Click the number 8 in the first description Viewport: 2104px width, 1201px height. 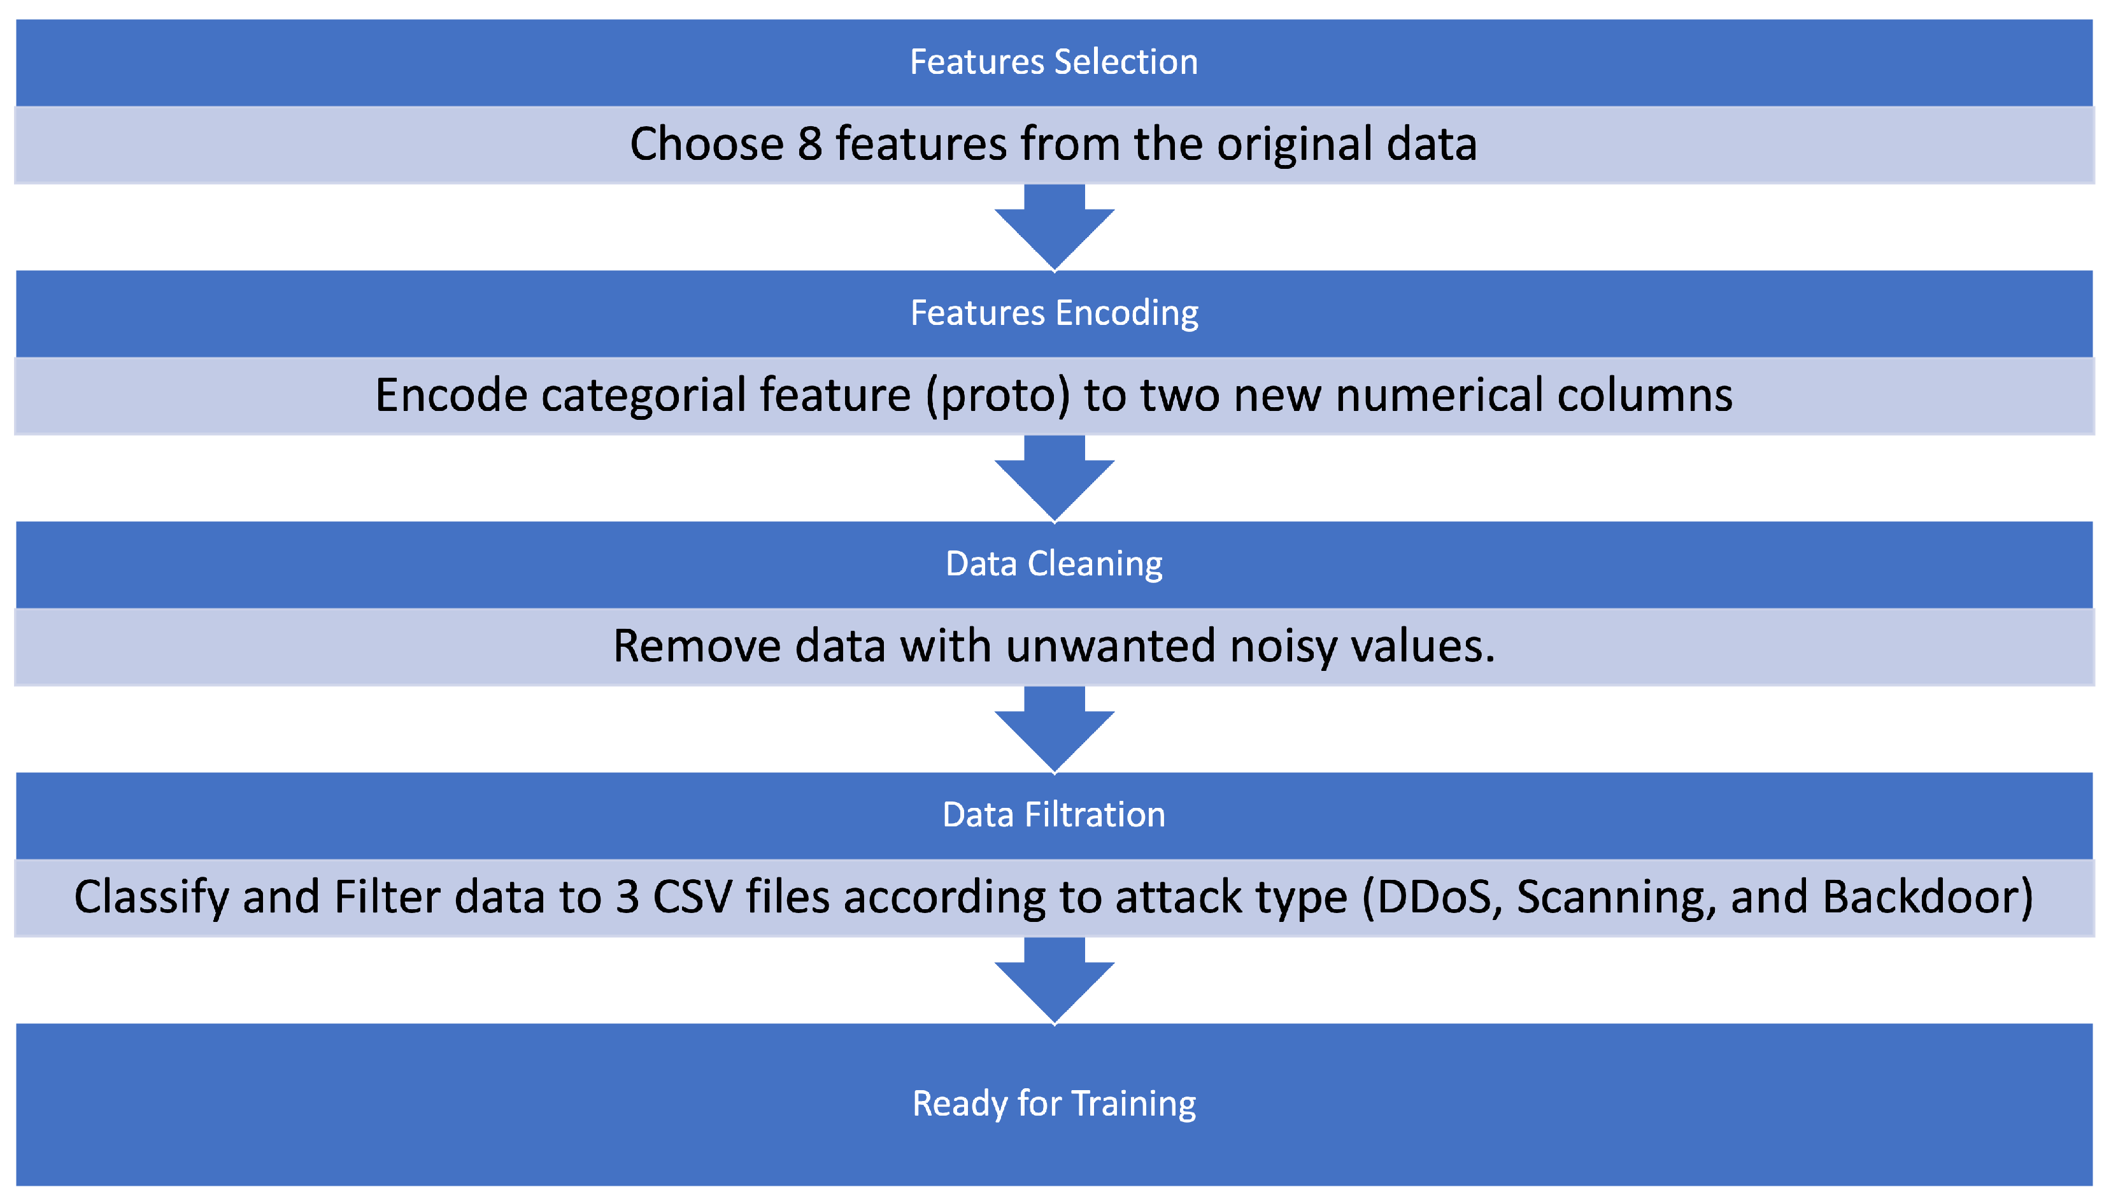pos(809,145)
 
